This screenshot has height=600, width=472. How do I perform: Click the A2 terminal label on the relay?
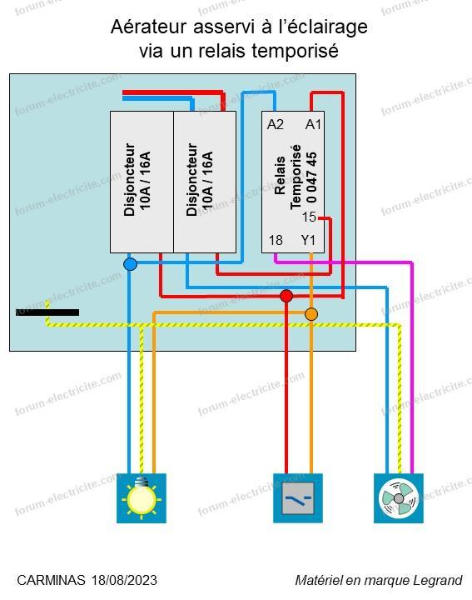276,124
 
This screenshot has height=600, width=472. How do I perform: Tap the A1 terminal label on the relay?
313,124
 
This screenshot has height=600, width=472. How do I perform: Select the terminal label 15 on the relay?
309,217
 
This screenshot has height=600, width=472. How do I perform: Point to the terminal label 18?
276,240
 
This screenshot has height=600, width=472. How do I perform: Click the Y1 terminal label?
308,240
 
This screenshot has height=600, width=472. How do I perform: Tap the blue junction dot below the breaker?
131,264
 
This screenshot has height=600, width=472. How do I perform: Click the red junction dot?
286,296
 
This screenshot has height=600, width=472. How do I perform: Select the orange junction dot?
311,314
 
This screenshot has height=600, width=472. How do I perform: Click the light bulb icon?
142,498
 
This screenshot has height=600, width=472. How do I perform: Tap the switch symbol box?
298,498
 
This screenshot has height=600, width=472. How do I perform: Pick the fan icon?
399,498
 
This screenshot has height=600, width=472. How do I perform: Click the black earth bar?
47,312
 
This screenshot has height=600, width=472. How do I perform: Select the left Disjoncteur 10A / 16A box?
142,182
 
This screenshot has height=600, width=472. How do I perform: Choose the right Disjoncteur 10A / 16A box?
205,182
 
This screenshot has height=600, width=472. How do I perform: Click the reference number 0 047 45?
312,177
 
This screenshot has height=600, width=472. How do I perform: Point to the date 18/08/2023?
124,580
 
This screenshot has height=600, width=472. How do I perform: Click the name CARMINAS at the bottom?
52,580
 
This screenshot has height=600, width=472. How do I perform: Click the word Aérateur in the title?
149,27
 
